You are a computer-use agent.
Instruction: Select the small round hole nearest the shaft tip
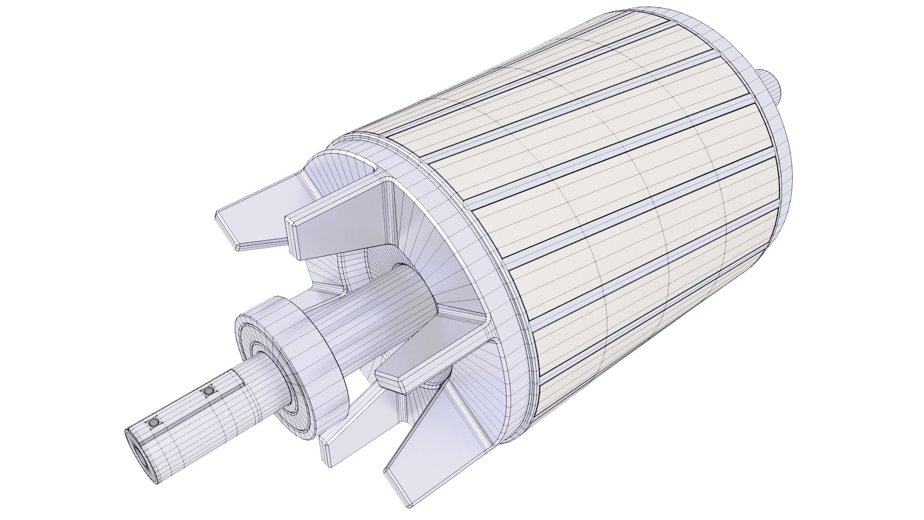click(x=154, y=423)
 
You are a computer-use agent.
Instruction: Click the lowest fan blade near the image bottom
click(x=423, y=443)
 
